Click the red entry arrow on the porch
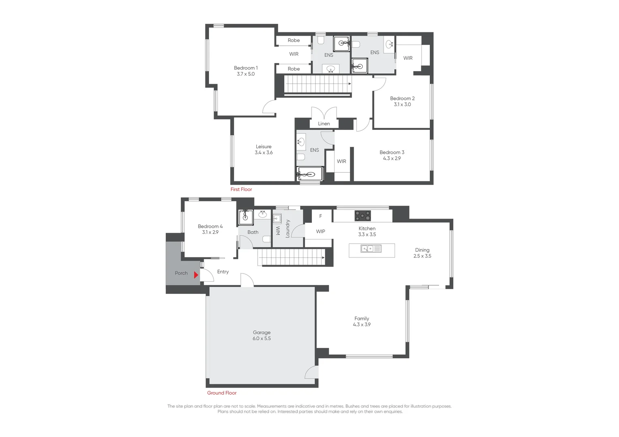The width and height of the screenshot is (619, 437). [x=196, y=275]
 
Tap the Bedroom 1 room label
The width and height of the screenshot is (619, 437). [x=245, y=68]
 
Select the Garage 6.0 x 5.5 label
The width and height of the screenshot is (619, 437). [x=262, y=335]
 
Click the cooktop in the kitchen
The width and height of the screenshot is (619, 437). [x=363, y=216]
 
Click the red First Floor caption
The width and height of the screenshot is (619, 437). [x=241, y=189]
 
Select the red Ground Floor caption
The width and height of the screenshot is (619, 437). [x=222, y=393]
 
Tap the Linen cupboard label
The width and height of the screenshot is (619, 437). [x=324, y=124]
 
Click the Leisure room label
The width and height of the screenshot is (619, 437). [x=263, y=147]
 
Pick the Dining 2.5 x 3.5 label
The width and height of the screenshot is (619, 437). [x=422, y=253]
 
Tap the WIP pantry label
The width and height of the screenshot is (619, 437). [x=320, y=231]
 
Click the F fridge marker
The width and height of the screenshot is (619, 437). [x=320, y=216]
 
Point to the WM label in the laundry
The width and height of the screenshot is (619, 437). [x=278, y=231]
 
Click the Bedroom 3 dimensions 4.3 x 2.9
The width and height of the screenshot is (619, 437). [x=392, y=159]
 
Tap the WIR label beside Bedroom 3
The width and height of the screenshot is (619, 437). [x=342, y=161]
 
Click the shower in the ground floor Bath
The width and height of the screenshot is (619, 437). [x=245, y=217]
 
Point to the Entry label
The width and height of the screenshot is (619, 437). [x=223, y=272]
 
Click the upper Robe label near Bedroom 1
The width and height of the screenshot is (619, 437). [x=294, y=40]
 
